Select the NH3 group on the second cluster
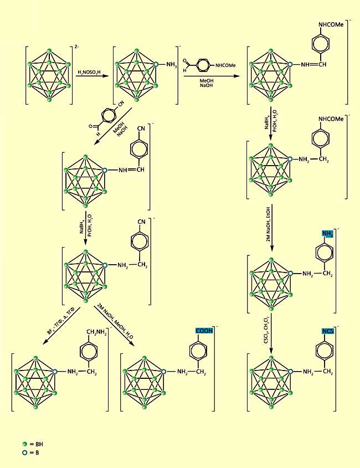point(171,66)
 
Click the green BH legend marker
point(24,444)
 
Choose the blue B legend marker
point(24,452)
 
